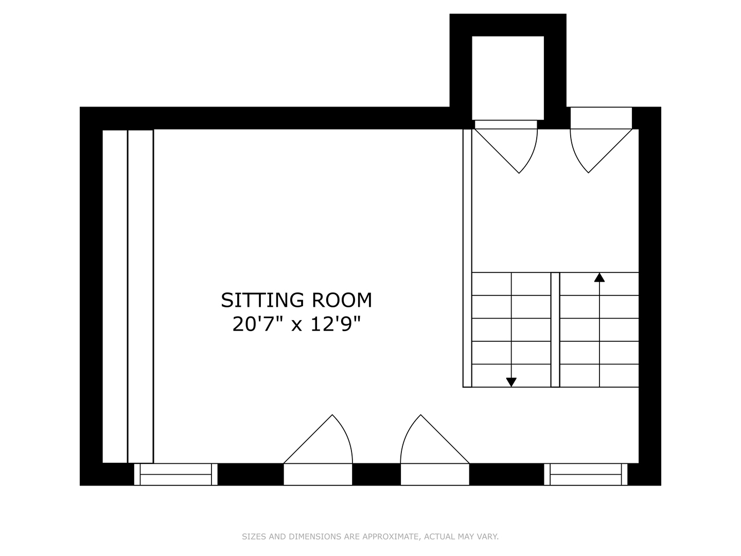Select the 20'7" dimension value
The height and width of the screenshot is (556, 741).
point(257,324)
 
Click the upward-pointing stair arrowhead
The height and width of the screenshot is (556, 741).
point(599,277)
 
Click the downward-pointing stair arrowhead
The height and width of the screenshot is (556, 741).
point(511,382)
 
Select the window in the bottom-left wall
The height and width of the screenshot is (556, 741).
point(175,474)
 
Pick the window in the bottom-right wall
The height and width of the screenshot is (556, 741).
point(586,474)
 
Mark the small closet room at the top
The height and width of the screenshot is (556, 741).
point(508,77)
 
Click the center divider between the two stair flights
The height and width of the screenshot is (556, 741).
point(555,329)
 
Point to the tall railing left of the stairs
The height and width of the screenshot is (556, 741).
point(467,257)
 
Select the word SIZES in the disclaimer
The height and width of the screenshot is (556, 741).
point(254,537)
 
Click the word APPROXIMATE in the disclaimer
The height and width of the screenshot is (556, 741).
point(391,537)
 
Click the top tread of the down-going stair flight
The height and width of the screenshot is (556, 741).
point(511,284)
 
